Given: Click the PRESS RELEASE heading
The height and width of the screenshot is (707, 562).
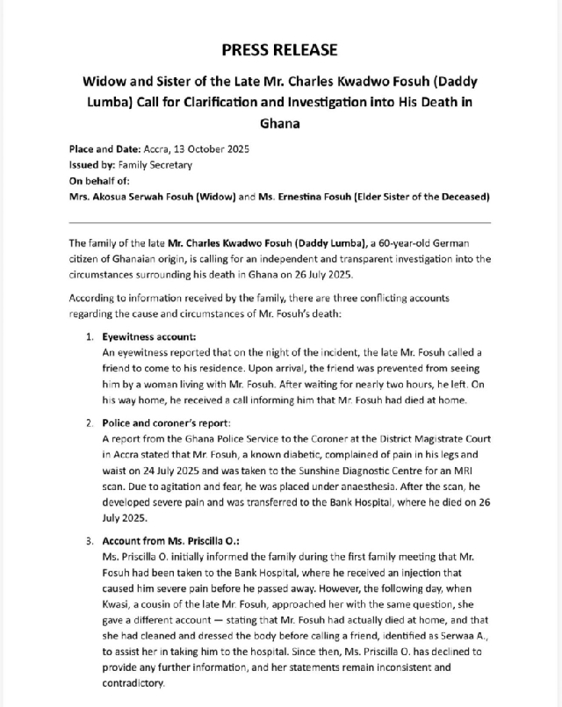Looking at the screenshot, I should pos(279,49).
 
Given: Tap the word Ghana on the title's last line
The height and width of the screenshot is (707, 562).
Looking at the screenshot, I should pos(279,123).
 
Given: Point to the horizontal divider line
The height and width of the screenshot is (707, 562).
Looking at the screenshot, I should pos(279,223).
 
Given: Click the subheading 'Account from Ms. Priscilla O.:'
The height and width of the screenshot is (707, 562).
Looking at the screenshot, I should pos(173,541).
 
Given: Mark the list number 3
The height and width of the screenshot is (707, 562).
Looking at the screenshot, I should pos(90,541).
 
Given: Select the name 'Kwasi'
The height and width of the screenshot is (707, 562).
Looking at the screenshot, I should pos(118,615).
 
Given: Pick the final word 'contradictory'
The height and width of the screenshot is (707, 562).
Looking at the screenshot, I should pos(133,682).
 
